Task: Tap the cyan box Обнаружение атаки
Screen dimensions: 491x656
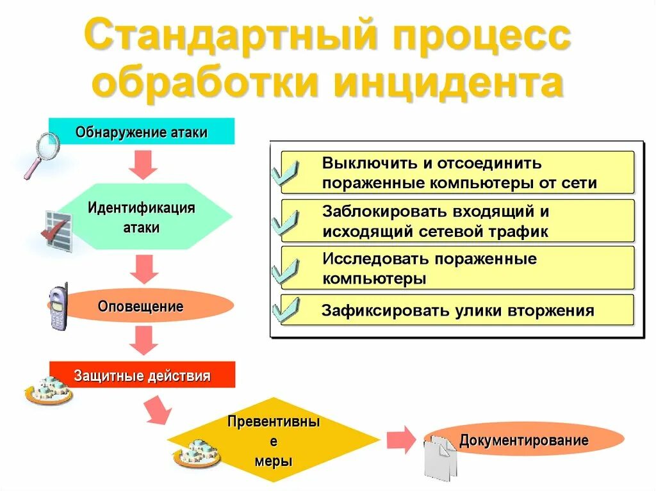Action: [142, 132]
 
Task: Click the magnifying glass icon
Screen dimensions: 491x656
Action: [40, 154]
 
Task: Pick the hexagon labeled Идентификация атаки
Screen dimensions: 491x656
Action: [142, 217]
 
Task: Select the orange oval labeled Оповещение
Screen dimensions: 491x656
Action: [141, 306]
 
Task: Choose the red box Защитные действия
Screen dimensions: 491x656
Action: [142, 375]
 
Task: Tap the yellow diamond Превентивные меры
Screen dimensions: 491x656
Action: [274, 441]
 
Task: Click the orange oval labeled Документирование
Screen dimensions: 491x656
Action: [523, 440]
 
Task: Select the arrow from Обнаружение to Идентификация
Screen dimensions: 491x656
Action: [143, 165]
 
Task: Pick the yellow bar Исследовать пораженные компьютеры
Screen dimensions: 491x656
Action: [457, 268]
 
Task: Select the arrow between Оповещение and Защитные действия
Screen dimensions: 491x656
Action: [143, 340]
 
